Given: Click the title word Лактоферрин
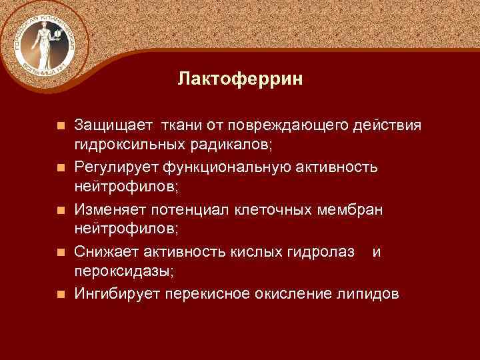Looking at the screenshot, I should coord(240,80).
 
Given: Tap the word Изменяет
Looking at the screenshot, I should coord(109,209).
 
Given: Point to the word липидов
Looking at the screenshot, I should coord(369,293).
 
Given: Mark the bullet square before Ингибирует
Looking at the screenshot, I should coord(61,293).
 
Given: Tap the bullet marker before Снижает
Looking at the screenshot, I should coord(61,251).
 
